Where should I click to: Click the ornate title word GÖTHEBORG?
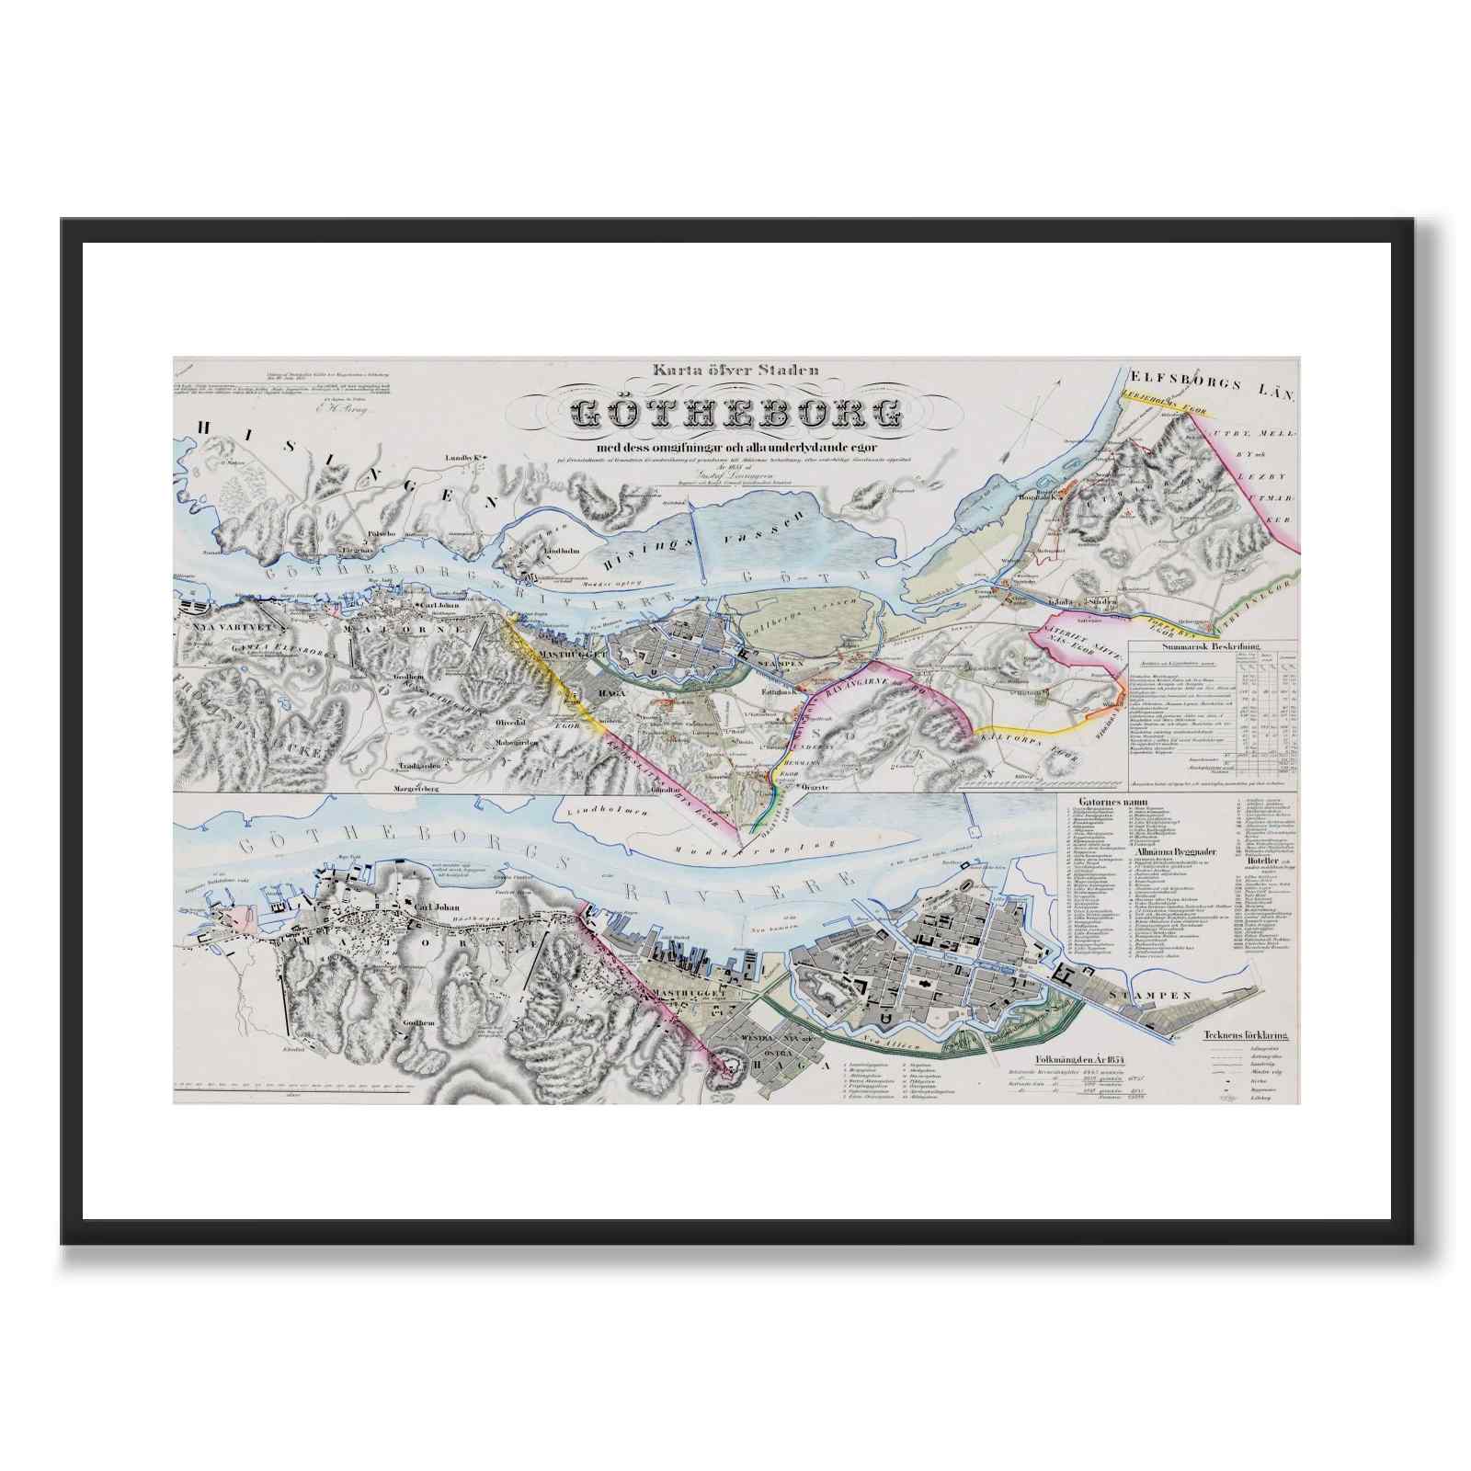[x=735, y=414]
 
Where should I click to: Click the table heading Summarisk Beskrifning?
[x=1213, y=647]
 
